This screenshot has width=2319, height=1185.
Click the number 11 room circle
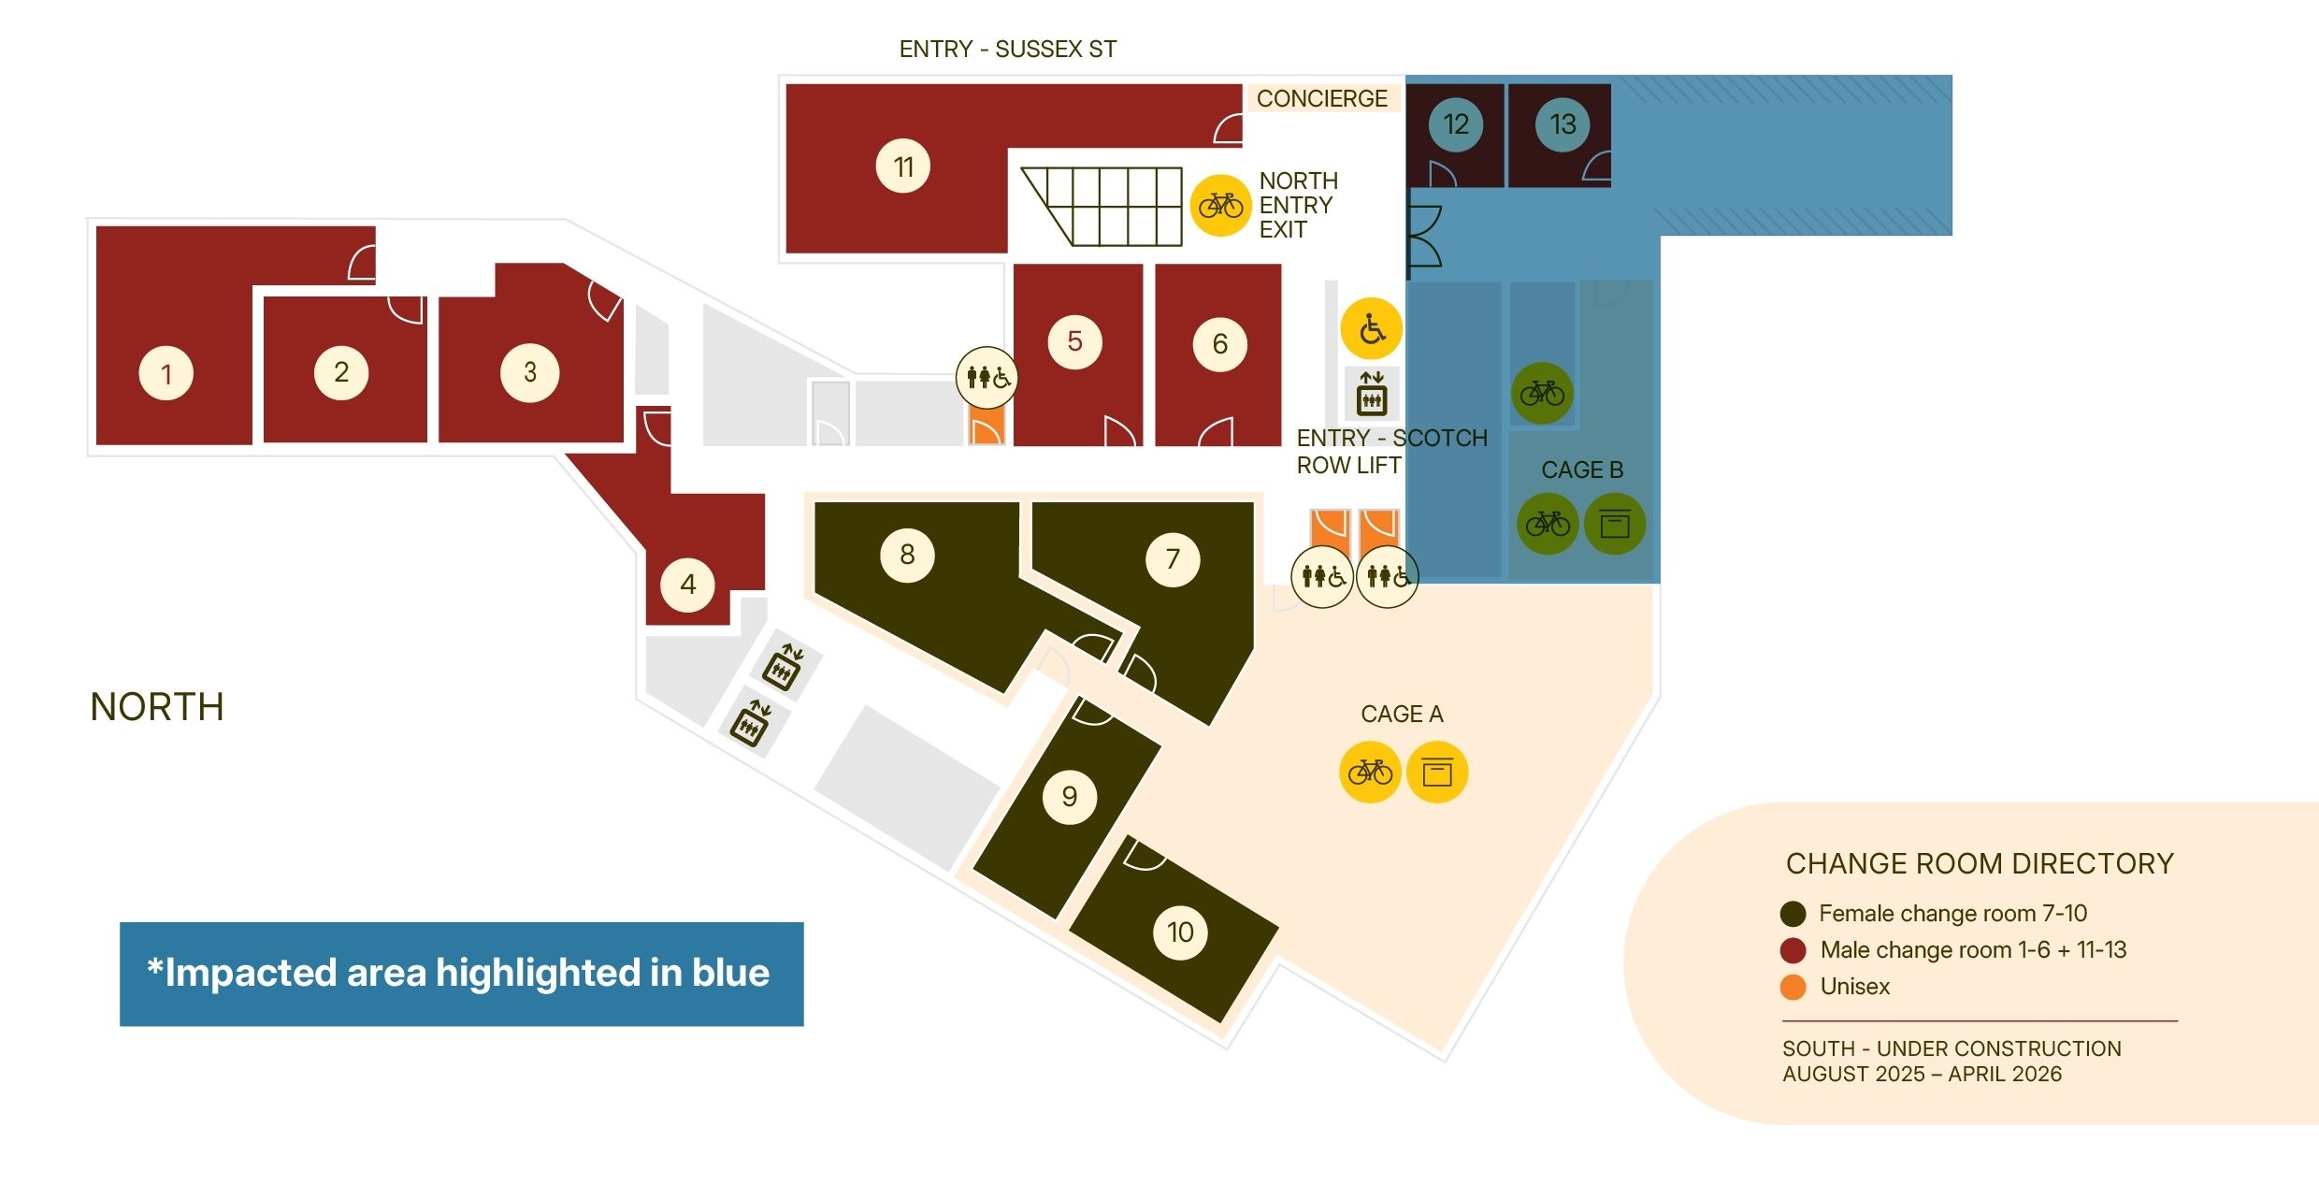point(902,166)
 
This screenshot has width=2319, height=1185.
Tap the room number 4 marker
point(687,585)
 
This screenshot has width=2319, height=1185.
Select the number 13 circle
point(1563,124)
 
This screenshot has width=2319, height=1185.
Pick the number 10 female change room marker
point(1180,932)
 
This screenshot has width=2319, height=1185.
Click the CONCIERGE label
point(1321,98)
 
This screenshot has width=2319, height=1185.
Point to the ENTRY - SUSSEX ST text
point(1008,49)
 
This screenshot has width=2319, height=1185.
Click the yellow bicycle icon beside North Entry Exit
point(1220,205)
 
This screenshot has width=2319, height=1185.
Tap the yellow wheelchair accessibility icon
point(1371,328)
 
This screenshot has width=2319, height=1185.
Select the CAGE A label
point(1402,714)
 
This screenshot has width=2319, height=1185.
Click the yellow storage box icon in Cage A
point(1437,773)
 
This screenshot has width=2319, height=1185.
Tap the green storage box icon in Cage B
point(1615,524)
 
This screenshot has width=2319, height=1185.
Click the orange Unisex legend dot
point(1793,987)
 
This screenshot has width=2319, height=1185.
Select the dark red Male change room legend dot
point(1793,950)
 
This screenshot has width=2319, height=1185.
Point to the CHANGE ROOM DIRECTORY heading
point(1980,863)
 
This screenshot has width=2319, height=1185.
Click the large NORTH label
point(157,707)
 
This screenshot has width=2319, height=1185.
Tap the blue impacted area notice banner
point(462,974)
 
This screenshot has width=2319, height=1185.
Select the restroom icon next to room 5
point(987,378)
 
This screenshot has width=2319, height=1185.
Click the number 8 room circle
point(907,555)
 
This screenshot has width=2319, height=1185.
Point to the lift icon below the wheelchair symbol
point(1372,393)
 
